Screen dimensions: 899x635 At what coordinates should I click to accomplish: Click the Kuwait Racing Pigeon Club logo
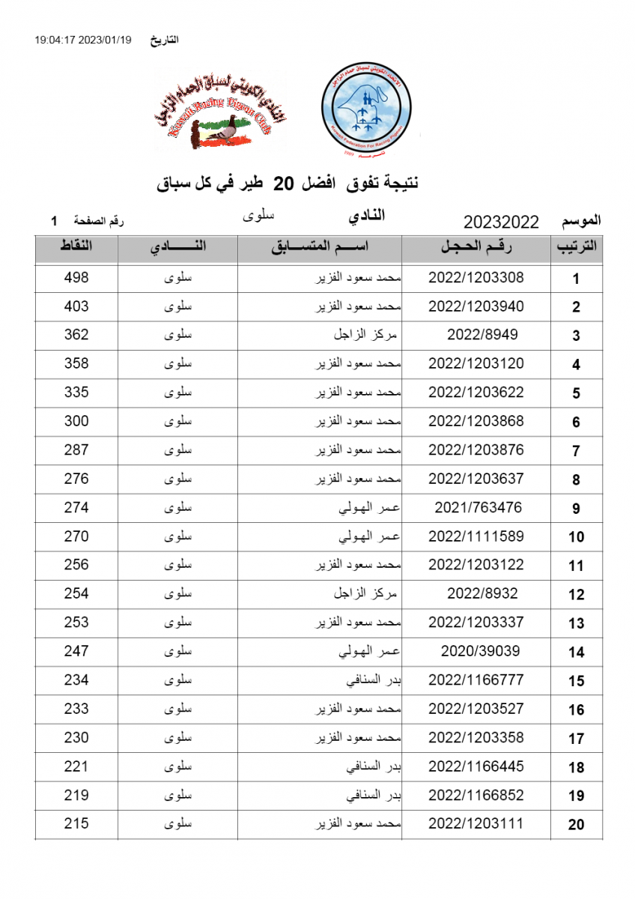(220, 110)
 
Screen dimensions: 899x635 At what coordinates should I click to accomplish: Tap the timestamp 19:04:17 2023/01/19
(82, 40)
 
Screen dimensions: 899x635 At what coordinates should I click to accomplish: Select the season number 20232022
(501, 222)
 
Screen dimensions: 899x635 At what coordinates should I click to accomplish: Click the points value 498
(76, 277)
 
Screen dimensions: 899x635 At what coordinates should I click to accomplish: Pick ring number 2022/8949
(482, 335)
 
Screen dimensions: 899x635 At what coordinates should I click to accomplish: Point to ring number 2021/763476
(478, 507)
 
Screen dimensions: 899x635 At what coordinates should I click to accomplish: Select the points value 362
(76, 335)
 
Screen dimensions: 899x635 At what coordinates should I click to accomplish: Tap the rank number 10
(576, 537)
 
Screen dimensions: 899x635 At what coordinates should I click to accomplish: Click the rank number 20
(576, 825)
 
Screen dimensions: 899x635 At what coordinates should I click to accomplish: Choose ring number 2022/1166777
(476, 679)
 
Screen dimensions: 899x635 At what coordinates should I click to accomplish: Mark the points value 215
(76, 823)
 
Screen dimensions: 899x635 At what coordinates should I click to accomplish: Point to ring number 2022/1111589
(476, 536)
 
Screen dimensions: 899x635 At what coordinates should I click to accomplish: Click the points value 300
(76, 421)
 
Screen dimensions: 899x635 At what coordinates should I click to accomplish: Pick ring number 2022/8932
(482, 593)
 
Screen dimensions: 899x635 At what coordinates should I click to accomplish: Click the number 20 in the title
(285, 182)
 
